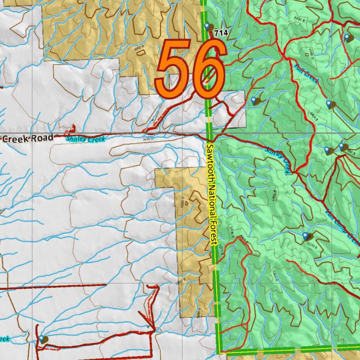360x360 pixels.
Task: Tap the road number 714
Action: point(221,33)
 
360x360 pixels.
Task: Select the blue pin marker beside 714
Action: point(207,26)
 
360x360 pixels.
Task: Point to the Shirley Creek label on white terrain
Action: point(85,139)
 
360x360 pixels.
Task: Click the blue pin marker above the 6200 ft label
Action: point(305,236)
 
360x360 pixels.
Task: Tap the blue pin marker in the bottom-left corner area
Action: point(42,339)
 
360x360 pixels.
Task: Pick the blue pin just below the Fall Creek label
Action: point(329,104)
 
